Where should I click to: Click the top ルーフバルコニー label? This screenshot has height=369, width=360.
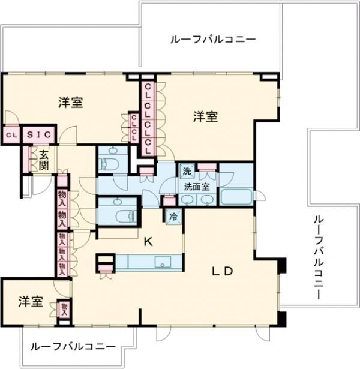[x=213, y=40]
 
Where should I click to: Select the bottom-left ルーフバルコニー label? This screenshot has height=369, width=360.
[x=73, y=347]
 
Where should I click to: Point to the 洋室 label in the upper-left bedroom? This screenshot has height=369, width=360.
[x=70, y=103]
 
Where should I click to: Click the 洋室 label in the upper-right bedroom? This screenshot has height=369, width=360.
[x=205, y=118]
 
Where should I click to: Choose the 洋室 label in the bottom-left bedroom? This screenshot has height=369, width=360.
[x=29, y=302]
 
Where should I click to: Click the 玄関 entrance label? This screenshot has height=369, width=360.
[x=44, y=159]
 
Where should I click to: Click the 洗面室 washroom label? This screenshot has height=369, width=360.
[x=196, y=186]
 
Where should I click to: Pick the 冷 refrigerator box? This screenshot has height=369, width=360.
[x=173, y=217]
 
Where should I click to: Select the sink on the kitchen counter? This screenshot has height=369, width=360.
[x=163, y=262]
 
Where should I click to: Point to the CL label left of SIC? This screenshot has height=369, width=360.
[x=11, y=136]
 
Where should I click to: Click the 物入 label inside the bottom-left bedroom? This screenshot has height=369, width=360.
[x=64, y=310]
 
